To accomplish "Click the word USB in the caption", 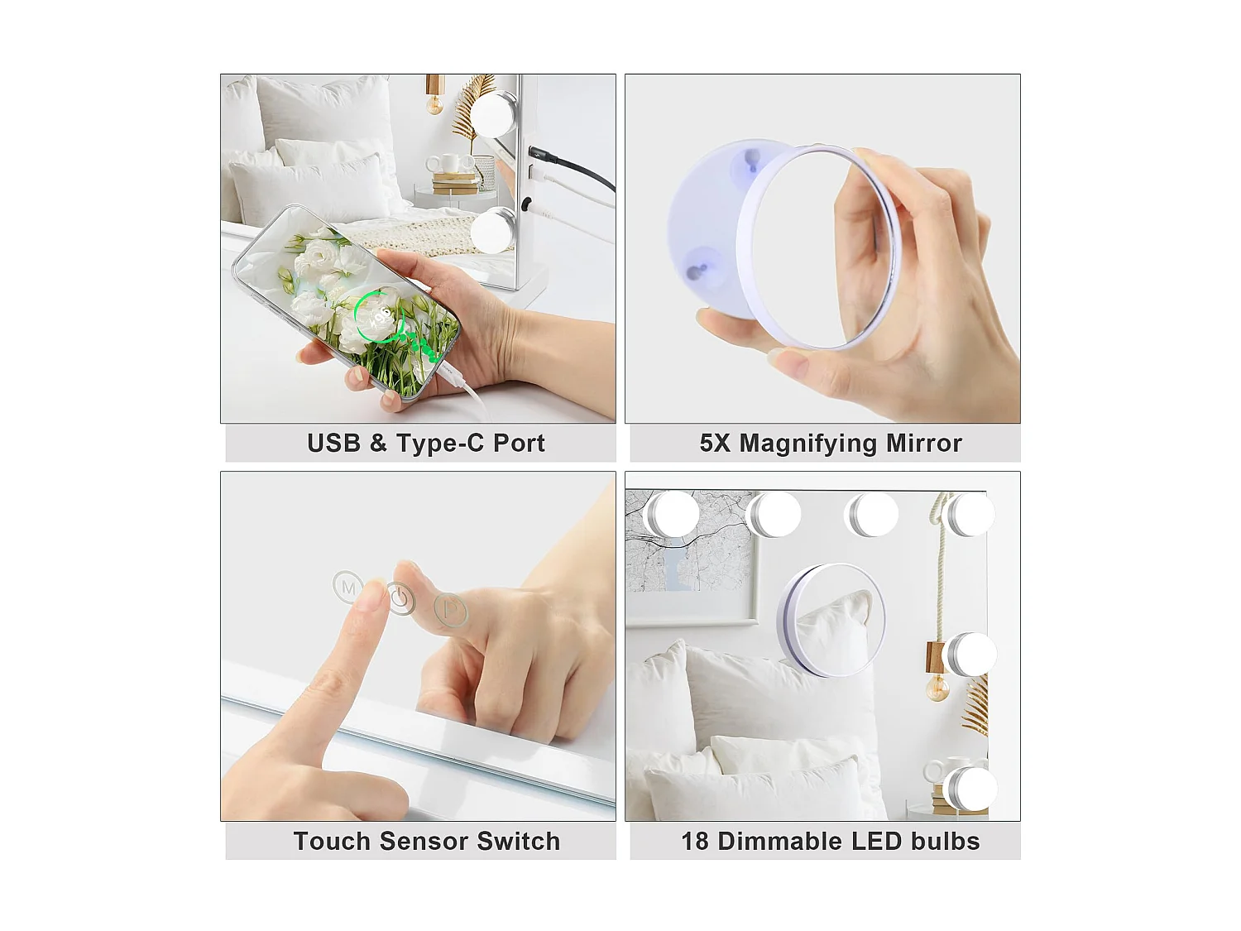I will coord(333,444).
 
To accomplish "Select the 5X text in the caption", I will coord(715,444).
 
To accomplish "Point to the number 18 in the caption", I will coord(695,842).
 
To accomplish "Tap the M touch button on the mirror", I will coord(348,587).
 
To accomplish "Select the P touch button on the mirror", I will coord(451,610).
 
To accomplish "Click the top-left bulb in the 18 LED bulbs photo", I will coord(673,515).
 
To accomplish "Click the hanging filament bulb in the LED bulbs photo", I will coord(937,687).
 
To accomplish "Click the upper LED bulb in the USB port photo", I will coord(494,113).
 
